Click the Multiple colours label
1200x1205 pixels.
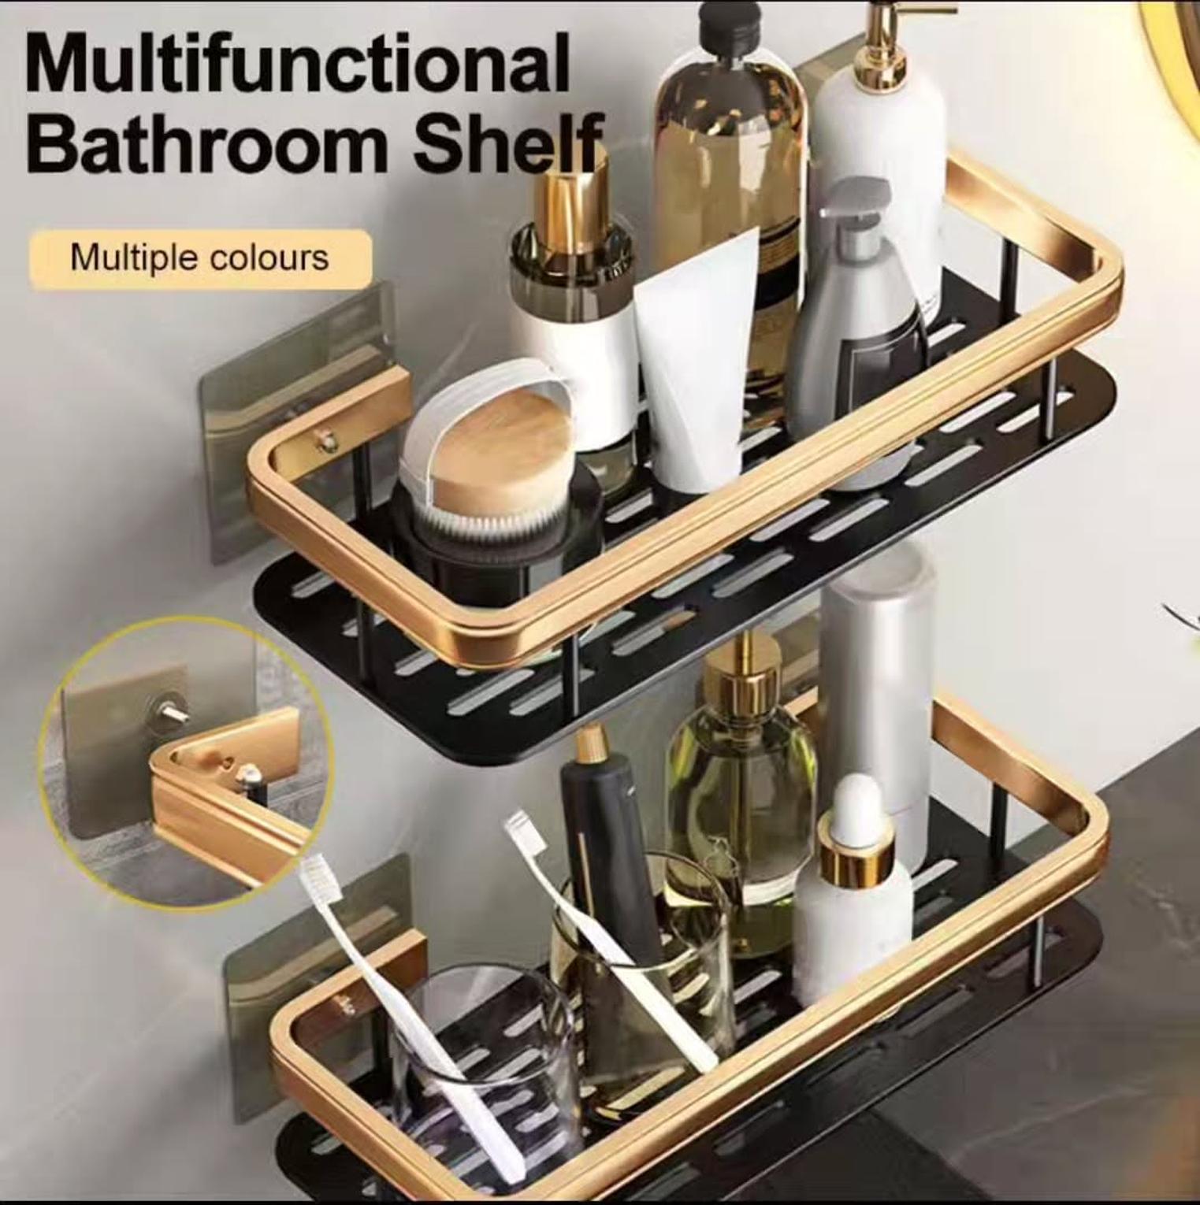tap(199, 258)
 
